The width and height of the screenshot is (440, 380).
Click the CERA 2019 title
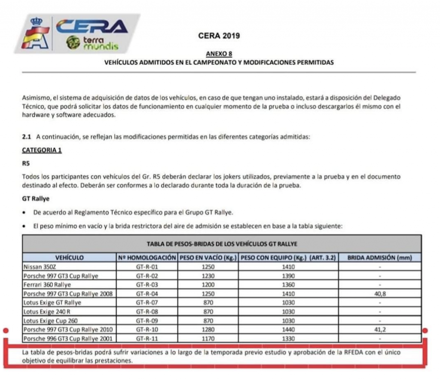point(219,36)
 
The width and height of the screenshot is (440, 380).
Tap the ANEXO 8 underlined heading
point(219,54)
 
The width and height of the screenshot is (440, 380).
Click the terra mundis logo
point(92,43)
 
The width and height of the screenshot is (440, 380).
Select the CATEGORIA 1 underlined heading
point(42,150)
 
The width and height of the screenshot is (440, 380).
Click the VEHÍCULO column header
point(69,258)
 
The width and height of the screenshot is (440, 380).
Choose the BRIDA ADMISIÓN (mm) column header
point(379,258)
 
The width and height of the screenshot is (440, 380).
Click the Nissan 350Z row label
point(39,267)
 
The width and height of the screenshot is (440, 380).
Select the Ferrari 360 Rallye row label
point(47,285)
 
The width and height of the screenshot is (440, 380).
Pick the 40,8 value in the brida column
point(379,294)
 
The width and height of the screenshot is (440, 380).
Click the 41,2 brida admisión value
point(379,330)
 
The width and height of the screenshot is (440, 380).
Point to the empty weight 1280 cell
point(208,330)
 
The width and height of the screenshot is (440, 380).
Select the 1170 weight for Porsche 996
point(208,339)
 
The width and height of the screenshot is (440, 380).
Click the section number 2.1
point(27,137)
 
